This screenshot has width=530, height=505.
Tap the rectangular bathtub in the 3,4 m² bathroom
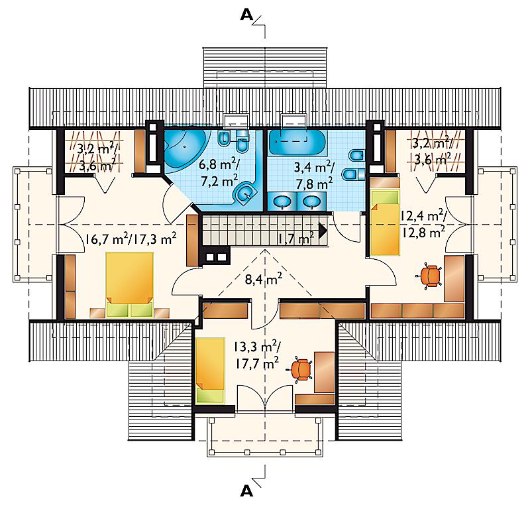click(x=297, y=141)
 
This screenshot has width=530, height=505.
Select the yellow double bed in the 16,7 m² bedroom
click(x=129, y=284)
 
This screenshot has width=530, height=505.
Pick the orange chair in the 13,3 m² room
click(x=301, y=368)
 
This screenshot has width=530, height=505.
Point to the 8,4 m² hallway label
click(x=264, y=279)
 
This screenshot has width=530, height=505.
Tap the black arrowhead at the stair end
click(x=323, y=230)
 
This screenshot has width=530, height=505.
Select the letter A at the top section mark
click(x=246, y=15)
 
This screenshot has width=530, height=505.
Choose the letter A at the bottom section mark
click(x=246, y=491)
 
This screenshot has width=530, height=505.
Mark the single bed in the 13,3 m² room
click(x=210, y=370)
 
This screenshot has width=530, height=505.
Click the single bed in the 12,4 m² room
click(x=385, y=222)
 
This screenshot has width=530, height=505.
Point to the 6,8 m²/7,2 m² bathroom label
click(x=219, y=173)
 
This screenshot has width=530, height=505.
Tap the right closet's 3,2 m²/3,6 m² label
click(x=432, y=151)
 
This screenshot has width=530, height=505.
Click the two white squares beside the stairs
click(x=217, y=257)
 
